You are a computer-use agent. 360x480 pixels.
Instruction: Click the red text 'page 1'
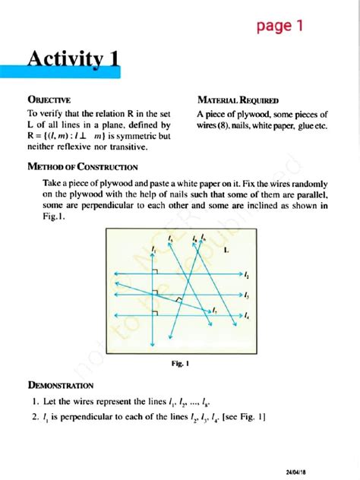[x=279, y=27]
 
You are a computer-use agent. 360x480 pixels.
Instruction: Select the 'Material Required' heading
[x=238, y=99]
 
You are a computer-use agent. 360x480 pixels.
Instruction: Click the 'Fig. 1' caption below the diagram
[x=180, y=363]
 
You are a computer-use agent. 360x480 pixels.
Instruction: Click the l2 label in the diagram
[x=248, y=274]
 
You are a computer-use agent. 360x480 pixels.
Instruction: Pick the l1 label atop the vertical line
[x=153, y=248]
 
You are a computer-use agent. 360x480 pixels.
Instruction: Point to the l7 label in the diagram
[x=215, y=309]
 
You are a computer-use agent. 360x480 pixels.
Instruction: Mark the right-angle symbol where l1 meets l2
[x=157, y=271]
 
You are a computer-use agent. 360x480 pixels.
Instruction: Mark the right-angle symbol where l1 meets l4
[x=157, y=311]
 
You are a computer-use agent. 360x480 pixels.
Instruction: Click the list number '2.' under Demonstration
[x=36, y=416]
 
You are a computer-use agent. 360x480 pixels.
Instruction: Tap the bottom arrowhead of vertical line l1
[x=153, y=346]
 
